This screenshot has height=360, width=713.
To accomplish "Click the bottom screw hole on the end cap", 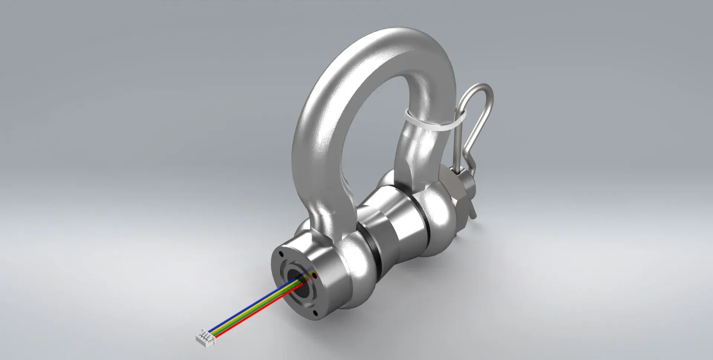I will tap(316, 314).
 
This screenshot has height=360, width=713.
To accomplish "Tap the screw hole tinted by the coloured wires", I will tap(315, 276).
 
